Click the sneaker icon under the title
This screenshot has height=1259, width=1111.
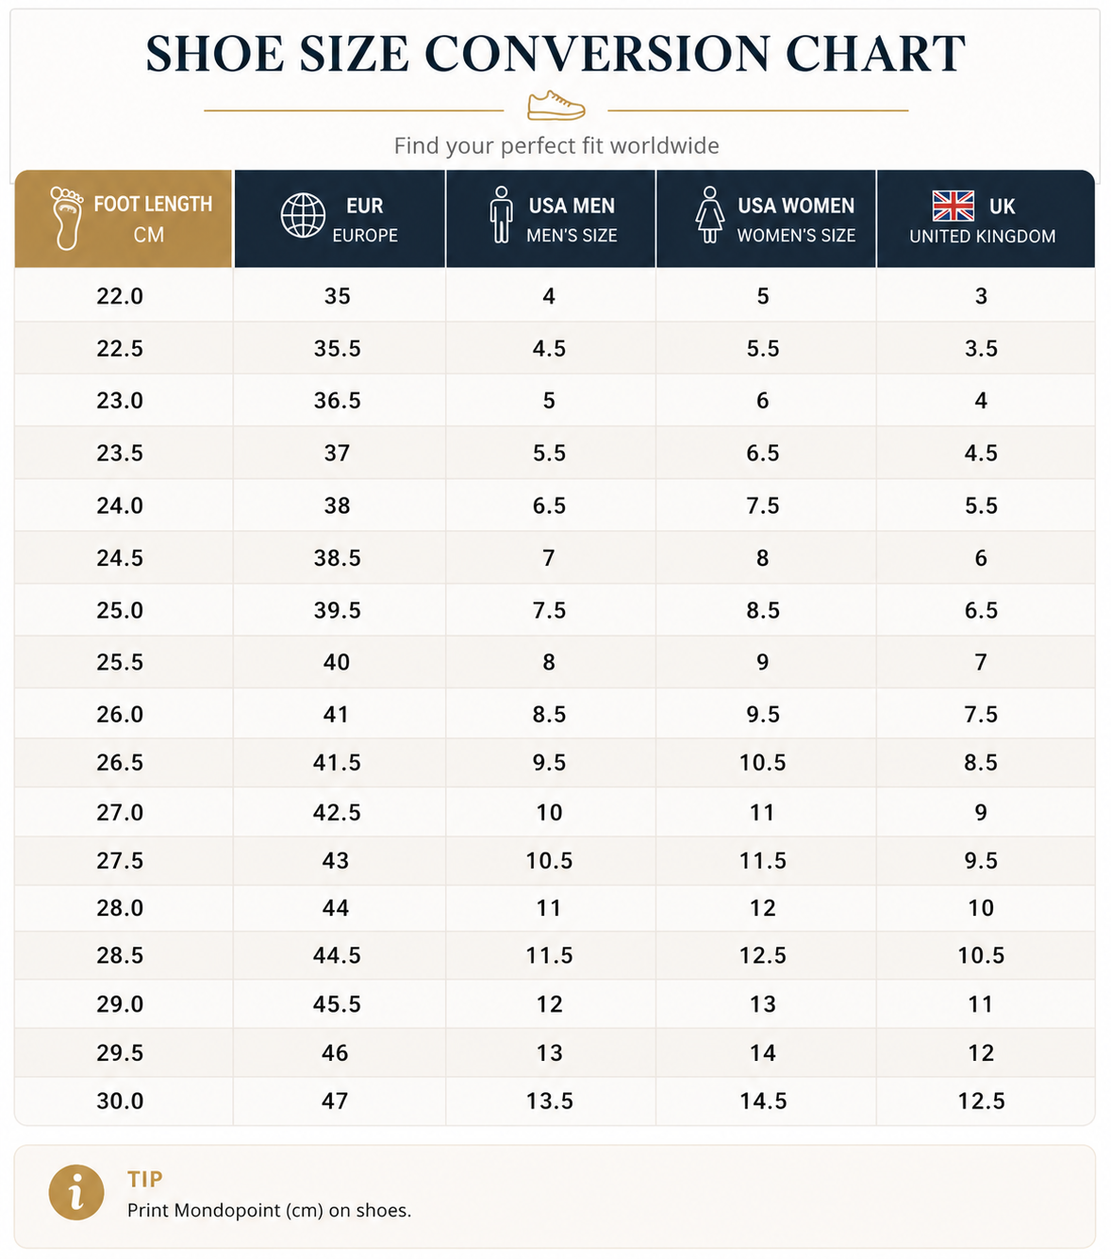click(x=555, y=106)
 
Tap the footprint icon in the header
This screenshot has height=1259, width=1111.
click(x=66, y=218)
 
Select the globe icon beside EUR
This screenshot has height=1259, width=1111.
click(x=303, y=216)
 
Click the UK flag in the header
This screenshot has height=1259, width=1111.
click(x=953, y=206)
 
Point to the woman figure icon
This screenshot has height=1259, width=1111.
click(x=709, y=214)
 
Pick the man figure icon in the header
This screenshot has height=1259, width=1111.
click(x=501, y=214)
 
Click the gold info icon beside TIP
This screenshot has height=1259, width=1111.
click(x=75, y=1192)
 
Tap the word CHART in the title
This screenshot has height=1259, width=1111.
click(x=875, y=54)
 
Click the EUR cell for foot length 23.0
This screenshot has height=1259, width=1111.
click(x=337, y=400)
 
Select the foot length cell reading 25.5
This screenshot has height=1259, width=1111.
click(x=119, y=662)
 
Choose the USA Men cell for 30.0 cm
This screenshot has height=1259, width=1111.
click(x=549, y=1101)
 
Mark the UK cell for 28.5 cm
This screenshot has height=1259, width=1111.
click(x=981, y=954)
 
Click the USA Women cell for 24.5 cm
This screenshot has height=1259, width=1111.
click(x=762, y=557)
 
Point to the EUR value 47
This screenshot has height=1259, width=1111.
click(x=334, y=1101)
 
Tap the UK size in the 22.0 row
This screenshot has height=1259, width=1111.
click(x=981, y=296)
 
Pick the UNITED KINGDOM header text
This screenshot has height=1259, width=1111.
click(x=982, y=236)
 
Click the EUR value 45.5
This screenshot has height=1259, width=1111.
click(x=337, y=1003)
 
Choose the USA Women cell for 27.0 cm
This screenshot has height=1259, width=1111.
click(x=762, y=812)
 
